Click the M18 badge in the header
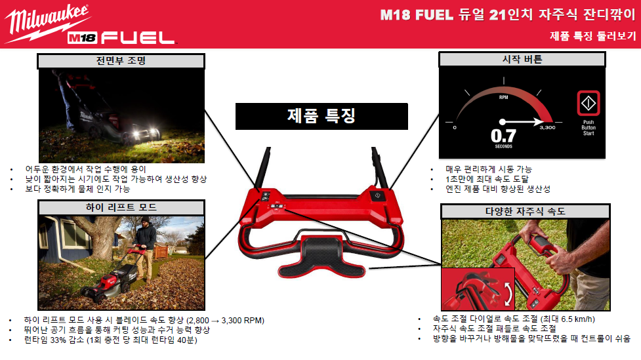[82, 38]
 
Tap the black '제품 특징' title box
[321, 116]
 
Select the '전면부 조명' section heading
[121, 61]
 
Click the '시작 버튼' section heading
[522, 60]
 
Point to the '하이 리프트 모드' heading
[121, 208]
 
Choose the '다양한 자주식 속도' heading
[526, 211]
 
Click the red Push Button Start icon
[589, 103]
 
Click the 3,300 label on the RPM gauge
[547, 127]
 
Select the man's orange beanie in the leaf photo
[146, 220]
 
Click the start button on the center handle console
[377, 195]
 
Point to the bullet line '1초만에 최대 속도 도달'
[487, 179]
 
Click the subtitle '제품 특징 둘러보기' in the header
[593, 36]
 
